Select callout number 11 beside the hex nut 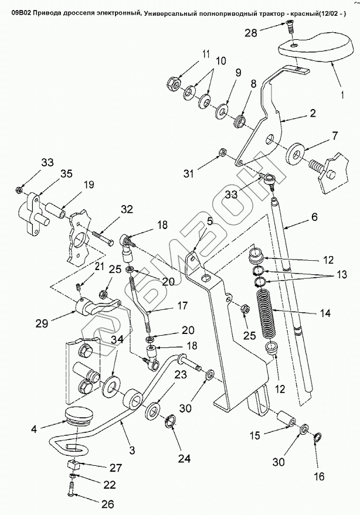[x=206, y=54]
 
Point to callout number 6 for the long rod [x=314, y=217]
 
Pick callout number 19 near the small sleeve [x=88, y=185]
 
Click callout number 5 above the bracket [x=209, y=221]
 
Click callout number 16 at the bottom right [x=318, y=476]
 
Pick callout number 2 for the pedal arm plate [x=313, y=112]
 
